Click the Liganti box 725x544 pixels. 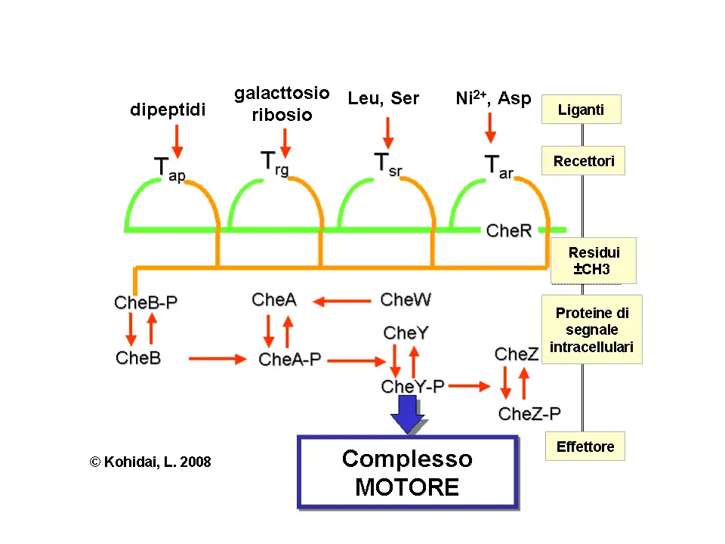coord(581,110)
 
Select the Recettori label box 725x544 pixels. coord(583,161)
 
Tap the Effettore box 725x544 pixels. coord(585,447)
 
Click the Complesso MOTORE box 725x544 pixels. coord(407,472)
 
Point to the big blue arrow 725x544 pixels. coord(408,413)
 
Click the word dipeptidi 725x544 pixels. coord(168,110)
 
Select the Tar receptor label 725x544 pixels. coord(498,166)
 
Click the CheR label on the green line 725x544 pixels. coord(509,230)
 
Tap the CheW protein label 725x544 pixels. coord(406,300)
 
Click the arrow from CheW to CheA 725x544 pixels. coord(341,301)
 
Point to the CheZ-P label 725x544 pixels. coord(529,413)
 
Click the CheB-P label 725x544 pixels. coord(146,303)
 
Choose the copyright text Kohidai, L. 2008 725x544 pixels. coord(150,462)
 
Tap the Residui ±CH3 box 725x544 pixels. coord(593,261)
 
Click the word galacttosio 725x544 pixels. coord(282,94)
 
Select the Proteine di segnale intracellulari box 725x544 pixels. coord(591,329)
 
